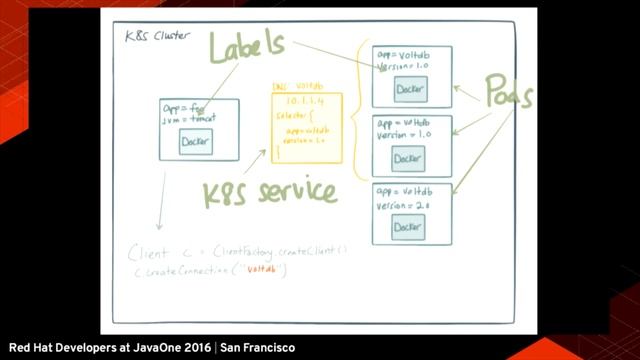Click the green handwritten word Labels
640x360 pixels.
tap(246, 47)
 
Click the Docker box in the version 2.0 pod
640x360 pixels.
tap(408, 227)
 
